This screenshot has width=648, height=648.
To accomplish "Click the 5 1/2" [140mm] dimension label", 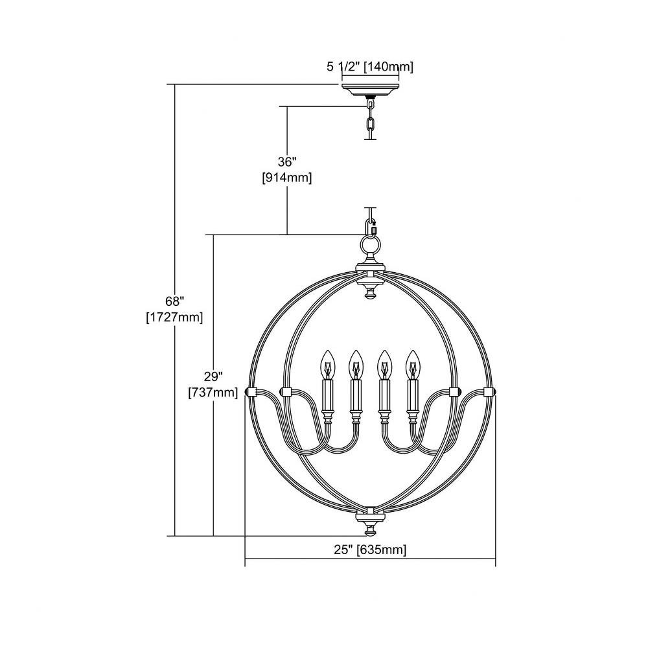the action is coord(370,67).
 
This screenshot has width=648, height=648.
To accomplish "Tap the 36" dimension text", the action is coord(287,161).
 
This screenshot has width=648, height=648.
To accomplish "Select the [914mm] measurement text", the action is coord(287,178).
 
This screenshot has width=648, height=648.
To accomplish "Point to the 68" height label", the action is coord(174,301).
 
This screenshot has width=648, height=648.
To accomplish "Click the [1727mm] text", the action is coord(174,318).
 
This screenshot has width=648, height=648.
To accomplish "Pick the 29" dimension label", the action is coord(213,376).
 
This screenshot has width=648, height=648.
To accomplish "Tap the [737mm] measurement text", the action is coord(213,392).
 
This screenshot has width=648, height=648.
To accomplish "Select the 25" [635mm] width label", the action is coord(370,550).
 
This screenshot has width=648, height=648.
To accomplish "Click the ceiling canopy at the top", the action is coord(370,89).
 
